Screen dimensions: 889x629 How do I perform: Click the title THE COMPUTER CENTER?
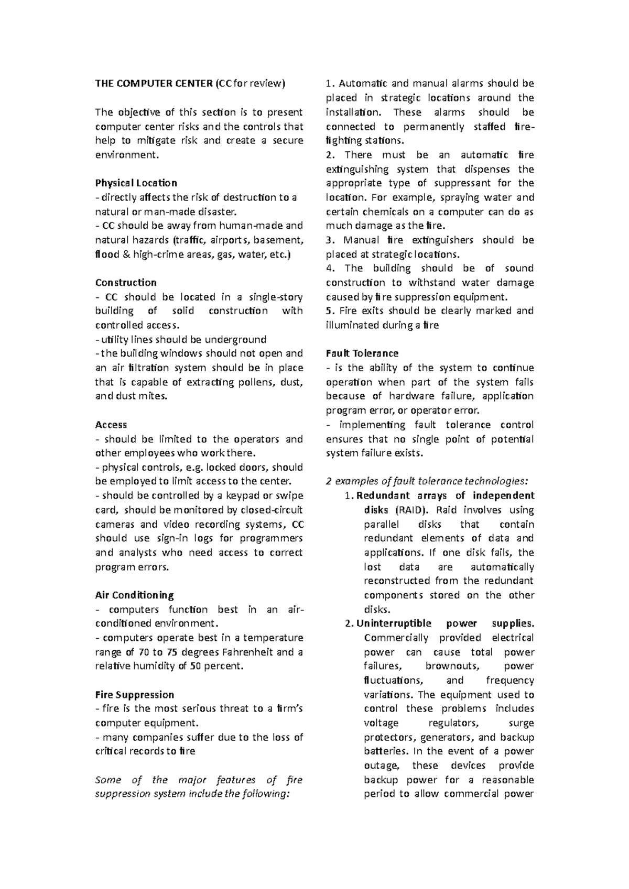154,83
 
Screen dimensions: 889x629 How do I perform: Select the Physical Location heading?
136,183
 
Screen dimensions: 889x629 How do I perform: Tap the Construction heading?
126,283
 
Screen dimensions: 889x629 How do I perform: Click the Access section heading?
111,425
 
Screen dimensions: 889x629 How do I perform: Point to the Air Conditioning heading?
134,595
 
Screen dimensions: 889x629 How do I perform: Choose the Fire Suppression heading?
134,695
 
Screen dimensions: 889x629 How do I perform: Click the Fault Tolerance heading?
362,353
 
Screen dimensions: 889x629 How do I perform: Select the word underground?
239,339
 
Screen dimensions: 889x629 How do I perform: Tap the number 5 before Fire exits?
328,310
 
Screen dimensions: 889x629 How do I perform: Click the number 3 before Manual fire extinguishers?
329,240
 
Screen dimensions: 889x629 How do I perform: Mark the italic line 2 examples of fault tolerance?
427,481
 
